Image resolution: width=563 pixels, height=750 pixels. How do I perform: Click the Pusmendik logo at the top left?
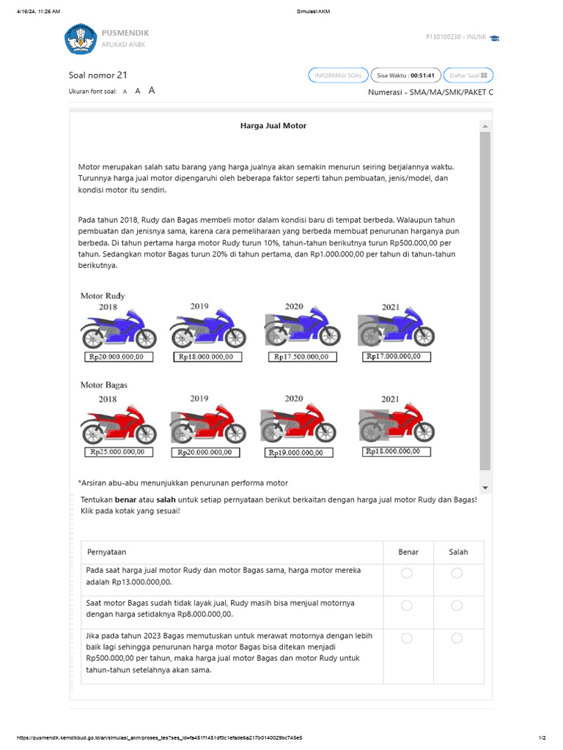pos(81,39)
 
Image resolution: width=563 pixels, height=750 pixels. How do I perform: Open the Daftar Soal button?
pos(468,75)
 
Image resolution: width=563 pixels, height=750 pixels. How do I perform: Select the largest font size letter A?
pos(152,91)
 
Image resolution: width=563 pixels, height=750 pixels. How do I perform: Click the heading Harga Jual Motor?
pos(273,126)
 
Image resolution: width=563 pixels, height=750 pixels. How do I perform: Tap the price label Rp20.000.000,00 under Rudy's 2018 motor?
pos(119,357)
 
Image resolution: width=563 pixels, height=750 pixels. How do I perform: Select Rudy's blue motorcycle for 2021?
pos(392,328)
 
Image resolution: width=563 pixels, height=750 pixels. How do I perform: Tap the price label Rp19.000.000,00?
pos(295,453)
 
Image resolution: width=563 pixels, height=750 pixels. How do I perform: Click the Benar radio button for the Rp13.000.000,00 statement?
pos(407,573)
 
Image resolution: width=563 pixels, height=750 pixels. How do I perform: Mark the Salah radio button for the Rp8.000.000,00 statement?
pos(457,606)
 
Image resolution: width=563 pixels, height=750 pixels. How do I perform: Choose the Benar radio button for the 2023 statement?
pos(407,639)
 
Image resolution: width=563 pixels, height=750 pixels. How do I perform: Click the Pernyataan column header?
pos(107,552)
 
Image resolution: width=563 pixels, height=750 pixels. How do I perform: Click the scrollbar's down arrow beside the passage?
pos(485,488)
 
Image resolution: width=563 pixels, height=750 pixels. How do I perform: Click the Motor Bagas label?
pos(103,385)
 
